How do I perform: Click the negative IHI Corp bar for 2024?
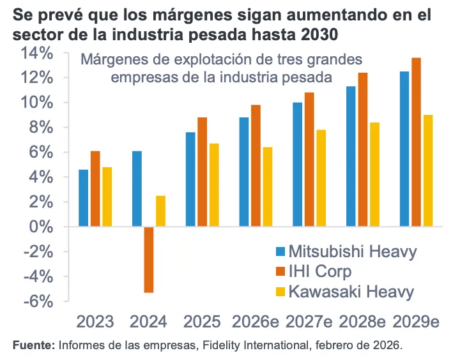[148, 259]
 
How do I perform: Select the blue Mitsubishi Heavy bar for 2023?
[84, 198]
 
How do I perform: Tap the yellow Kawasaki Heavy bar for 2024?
[160, 211]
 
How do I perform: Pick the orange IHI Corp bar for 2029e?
[417, 142]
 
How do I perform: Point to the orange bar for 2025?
[202, 172]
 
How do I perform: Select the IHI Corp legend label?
[320, 271]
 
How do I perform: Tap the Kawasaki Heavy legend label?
[351, 292]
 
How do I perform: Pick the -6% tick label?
[40, 302]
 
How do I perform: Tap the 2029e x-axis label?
[417, 321]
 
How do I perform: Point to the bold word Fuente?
[33, 345]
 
